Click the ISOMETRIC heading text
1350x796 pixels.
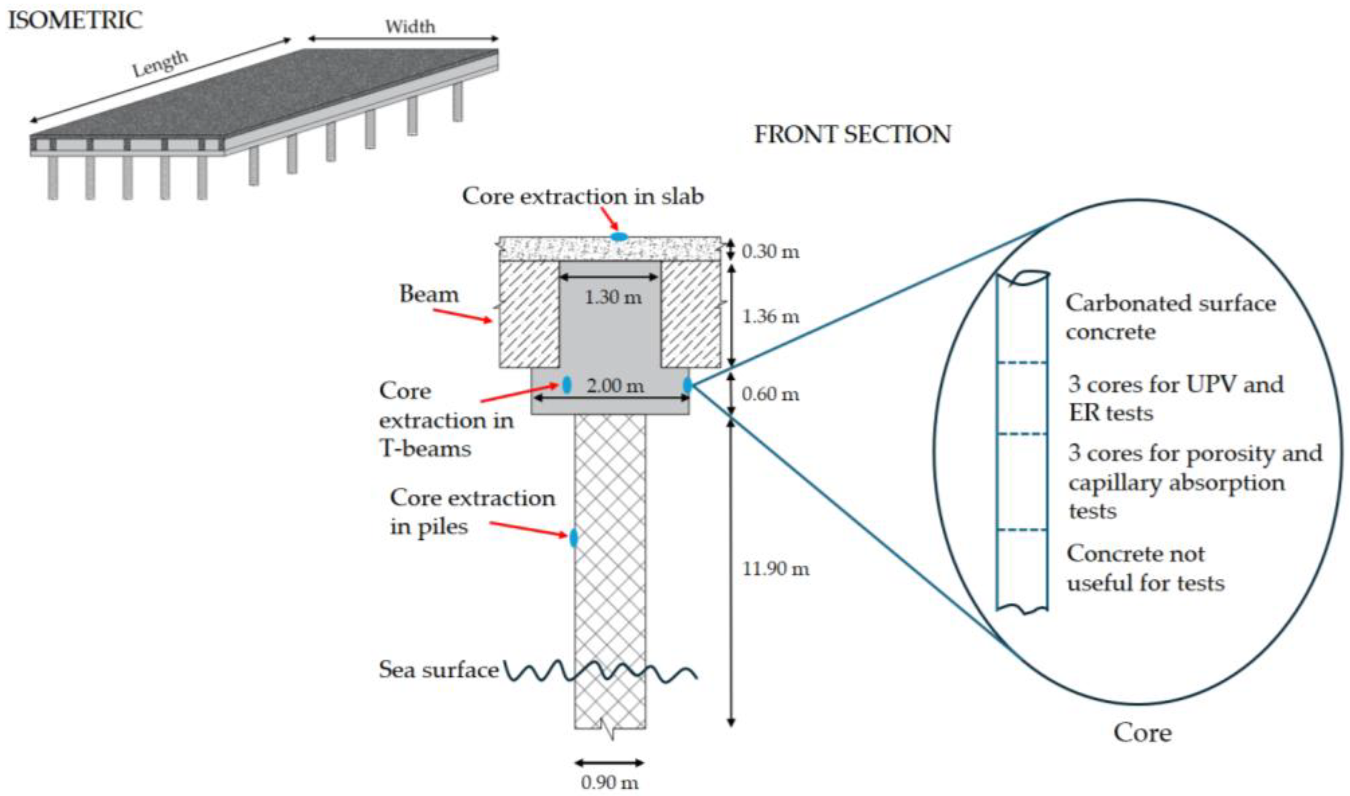75,21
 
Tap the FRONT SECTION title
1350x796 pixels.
852,134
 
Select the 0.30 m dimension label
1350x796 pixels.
770,251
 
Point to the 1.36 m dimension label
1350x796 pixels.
770,317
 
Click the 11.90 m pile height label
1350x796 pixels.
775,568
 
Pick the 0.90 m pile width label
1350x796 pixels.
610,783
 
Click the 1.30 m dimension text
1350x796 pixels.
613,296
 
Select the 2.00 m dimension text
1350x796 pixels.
615,385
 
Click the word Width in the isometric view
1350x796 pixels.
411,26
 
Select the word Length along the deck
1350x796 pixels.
161,64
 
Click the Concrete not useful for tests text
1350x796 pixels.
1145,568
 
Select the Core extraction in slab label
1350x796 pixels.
583,196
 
